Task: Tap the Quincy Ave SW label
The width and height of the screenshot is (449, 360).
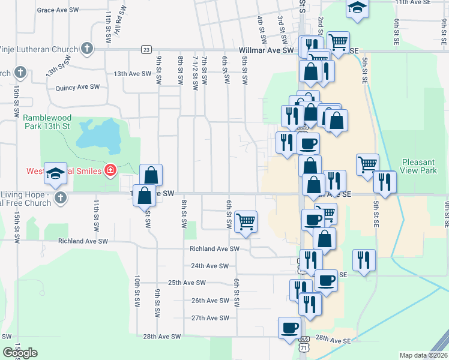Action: (x=77, y=88)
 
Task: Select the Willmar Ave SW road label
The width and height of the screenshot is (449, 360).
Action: (x=266, y=51)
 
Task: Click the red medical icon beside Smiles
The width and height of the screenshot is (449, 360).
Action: (x=110, y=171)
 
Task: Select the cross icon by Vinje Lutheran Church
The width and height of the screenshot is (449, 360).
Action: (x=86, y=49)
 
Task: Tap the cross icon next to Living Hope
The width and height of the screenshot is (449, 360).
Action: (x=59, y=197)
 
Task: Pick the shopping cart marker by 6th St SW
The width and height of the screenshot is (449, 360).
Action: (x=246, y=221)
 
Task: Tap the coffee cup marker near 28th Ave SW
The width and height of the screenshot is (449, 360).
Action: (x=289, y=327)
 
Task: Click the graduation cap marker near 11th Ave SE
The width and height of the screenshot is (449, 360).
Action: (x=357, y=8)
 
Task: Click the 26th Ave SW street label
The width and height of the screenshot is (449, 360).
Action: (x=210, y=301)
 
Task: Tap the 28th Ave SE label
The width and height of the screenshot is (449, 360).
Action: (x=334, y=340)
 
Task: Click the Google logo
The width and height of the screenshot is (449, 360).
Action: (x=20, y=353)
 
